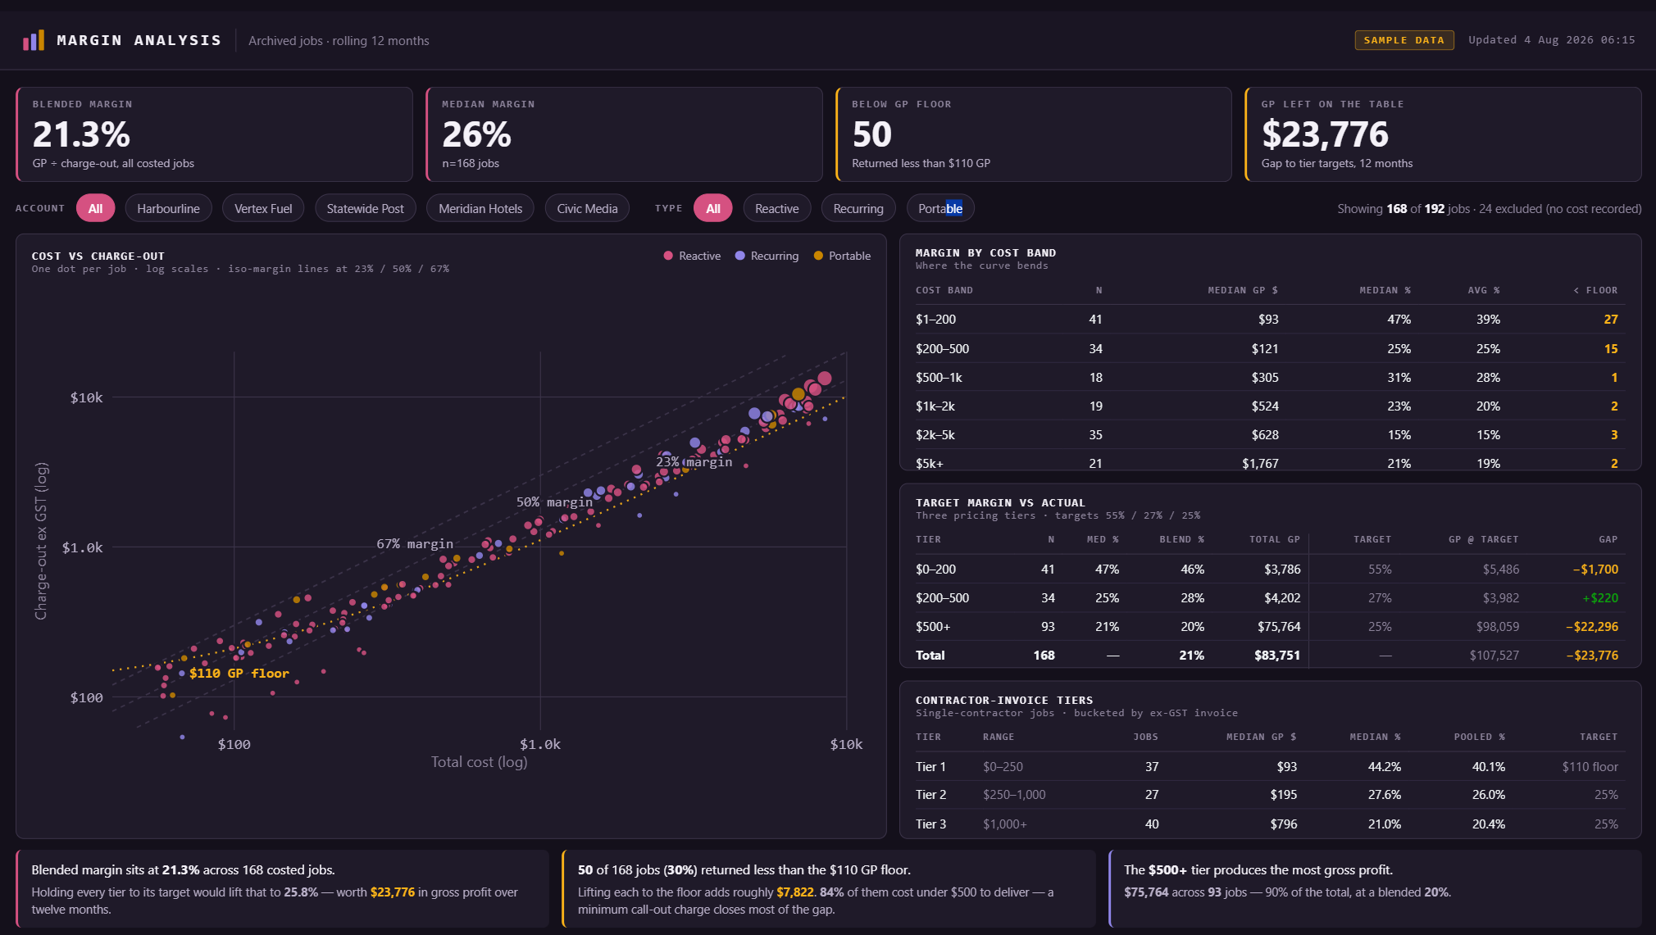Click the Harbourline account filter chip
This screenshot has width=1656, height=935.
pyautogui.click(x=168, y=208)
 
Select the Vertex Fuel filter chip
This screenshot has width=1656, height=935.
pyautogui.click(x=263, y=208)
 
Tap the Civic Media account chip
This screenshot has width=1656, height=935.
pyautogui.click(x=587, y=208)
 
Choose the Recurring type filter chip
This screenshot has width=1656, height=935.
pyautogui.click(x=858, y=208)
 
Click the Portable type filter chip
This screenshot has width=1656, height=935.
pyautogui.click(x=940, y=208)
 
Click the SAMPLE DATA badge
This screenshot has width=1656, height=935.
pyautogui.click(x=1404, y=40)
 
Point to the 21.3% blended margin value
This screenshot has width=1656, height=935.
pyautogui.click(x=81, y=134)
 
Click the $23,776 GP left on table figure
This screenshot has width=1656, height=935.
pyautogui.click(x=1325, y=134)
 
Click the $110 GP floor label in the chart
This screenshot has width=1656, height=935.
pyautogui.click(x=239, y=673)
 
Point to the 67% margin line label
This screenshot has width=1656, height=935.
pyautogui.click(x=415, y=543)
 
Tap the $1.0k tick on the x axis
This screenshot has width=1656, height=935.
pyautogui.click(x=540, y=744)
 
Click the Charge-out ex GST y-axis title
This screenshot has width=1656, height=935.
pyautogui.click(x=41, y=541)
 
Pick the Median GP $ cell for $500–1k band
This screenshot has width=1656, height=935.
pyautogui.click(x=1264, y=377)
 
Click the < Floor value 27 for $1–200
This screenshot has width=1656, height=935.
pyautogui.click(x=1611, y=319)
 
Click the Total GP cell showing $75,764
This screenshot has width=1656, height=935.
pyautogui.click(x=1279, y=626)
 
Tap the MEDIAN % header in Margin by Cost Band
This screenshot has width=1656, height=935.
pyautogui.click(x=1385, y=290)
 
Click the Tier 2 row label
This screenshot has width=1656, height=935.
pyautogui.click(x=930, y=794)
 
